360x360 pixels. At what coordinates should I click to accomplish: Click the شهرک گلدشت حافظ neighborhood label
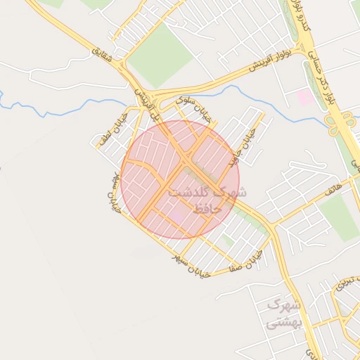(x=211, y=200)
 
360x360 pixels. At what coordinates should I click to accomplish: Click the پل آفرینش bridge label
(x=145, y=103)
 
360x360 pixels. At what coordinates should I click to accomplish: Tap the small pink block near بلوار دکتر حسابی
(x=305, y=97)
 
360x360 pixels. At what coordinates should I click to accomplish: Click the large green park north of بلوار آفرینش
(x=160, y=53)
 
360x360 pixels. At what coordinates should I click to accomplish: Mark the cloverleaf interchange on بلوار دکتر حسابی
(x=335, y=124)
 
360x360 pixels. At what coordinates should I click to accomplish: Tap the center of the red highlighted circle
(x=180, y=179)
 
